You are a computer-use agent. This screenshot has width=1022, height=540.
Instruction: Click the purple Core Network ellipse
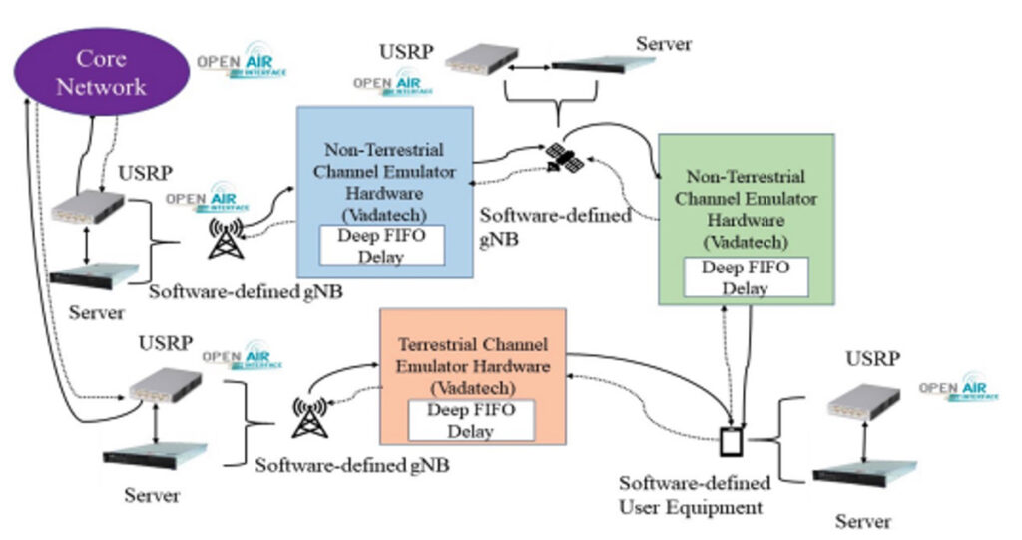[x=100, y=72]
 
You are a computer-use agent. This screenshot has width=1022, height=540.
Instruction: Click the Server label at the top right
[x=664, y=44]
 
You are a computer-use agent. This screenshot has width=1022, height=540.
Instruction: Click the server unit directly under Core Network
[x=94, y=274]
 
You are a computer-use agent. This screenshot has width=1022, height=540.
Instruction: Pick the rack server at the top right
[x=604, y=66]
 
